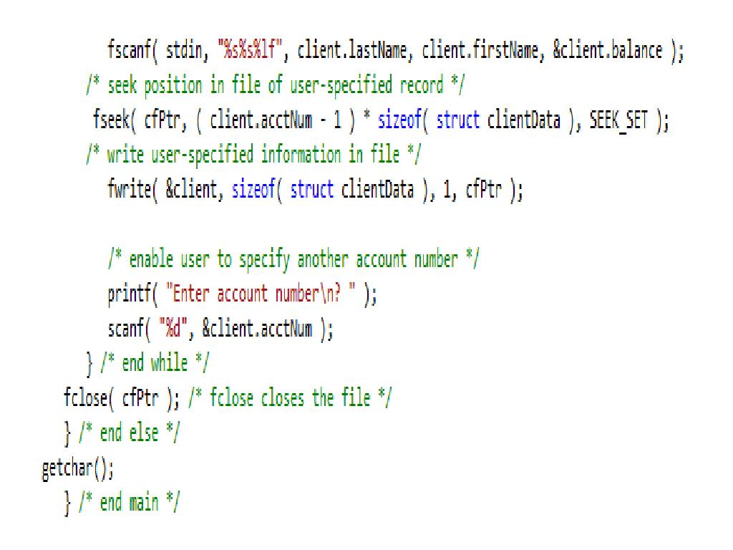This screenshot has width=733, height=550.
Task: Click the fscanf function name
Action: tap(125, 52)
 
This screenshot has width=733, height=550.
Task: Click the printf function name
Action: tap(126, 294)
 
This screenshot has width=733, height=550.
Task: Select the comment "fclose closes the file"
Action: tap(289, 398)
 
